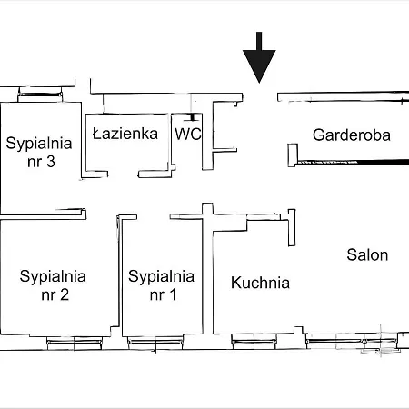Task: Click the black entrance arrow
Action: tap(259, 57)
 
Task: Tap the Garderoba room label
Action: tap(352, 135)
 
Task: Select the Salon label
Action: tap(367, 254)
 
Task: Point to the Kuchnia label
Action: tap(260, 283)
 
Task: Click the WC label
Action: tap(188, 134)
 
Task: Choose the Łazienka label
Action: tap(125, 134)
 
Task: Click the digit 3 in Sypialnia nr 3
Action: tap(51, 162)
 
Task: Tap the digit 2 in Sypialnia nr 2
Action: tap(65, 294)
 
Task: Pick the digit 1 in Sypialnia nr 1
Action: tap(173, 294)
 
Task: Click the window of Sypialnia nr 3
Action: tap(40, 95)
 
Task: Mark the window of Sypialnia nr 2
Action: tap(75, 342)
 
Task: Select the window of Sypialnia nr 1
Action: tap(155, 342)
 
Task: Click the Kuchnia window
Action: tap(254, 342)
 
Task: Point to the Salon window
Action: tap(352, 342)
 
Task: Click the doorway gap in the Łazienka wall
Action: tap(123, 174)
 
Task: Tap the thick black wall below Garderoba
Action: tap(354, 162)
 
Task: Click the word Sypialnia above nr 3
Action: tap(39, 144)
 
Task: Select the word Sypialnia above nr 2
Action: tap(53, 276)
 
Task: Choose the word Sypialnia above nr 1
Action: tap(161, 276)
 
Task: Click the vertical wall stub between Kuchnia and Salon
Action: tap(292, 227)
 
